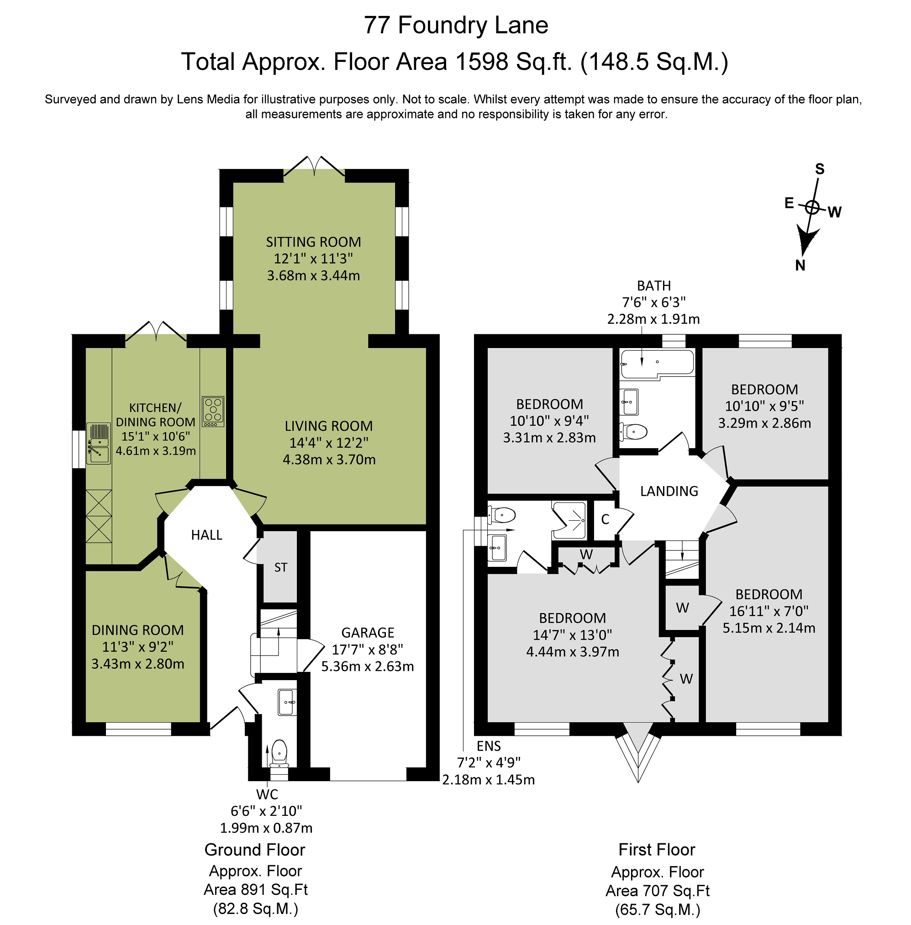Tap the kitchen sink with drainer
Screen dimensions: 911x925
pyautogui.click(x=98, y=444)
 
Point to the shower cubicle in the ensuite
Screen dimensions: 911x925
pyautogui.click(x=569, y=520)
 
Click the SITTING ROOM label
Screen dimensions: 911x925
pyautogui.click(x=313, y=242)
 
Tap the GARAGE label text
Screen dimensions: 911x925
pyautogui.click(x=368, y=633)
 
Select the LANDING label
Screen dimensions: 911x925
pyautogui.click(x=669, y=491)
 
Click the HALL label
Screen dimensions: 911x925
pyautogui.click(x=207, y=535)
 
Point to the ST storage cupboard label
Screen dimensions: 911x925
pyautogui.click(x=281, y=567)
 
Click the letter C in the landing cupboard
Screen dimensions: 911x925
pyautogui.click(x=605, y=520)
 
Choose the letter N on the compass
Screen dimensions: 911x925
pyautogui.click(x=800, y=265)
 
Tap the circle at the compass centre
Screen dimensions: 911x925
pyautogui.click(x=811, y=207)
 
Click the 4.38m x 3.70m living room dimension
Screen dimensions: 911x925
pyautogui.click(x=329, y=460)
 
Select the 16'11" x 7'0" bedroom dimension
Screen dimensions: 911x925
pyautogui.click(x=769, y=611)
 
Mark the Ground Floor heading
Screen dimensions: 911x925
pyautogui.click(x=254, y=850)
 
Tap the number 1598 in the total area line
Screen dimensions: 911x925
pyautogui.click(x=476, y=62)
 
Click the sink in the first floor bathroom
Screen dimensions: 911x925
pyautogui.click(x=629, y=402)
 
